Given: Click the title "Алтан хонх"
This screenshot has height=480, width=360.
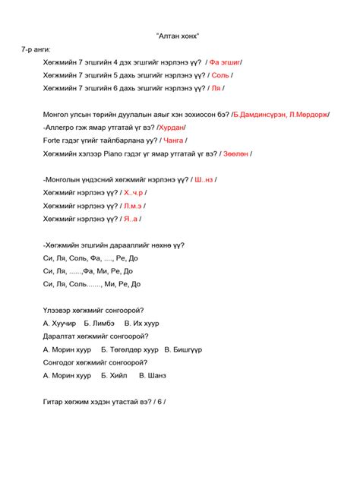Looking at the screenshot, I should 179,36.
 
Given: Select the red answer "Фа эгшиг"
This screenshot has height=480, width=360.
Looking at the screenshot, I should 226,62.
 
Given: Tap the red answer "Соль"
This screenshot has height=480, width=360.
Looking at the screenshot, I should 219,75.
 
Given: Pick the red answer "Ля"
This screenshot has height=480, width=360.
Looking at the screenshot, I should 215,88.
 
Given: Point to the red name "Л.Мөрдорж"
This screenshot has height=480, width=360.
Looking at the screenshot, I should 308,115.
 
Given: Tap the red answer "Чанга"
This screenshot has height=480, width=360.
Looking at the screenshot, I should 174,141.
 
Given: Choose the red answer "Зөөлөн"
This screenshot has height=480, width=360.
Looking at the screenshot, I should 235,153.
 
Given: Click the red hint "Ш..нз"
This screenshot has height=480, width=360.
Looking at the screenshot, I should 204,180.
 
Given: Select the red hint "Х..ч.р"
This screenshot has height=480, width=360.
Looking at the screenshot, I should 134,193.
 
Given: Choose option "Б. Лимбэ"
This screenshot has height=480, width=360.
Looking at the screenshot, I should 100,323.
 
